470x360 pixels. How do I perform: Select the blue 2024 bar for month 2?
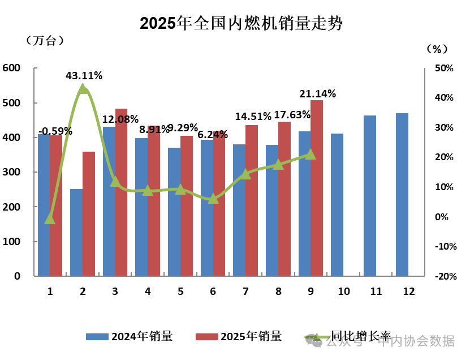coord(76,232)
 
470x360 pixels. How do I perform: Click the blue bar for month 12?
coord(402,195)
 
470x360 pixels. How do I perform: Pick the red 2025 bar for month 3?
coord(121,192)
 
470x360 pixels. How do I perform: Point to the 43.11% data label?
coord(84,75)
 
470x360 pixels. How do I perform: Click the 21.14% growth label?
coord(317,93)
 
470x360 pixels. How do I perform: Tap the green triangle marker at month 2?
coord(83,89)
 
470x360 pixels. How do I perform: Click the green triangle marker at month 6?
coord(213,199)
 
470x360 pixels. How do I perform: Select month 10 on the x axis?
coord(343,292)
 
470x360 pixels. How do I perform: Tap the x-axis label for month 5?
coord(180,292)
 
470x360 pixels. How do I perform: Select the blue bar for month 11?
coord(369,196)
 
